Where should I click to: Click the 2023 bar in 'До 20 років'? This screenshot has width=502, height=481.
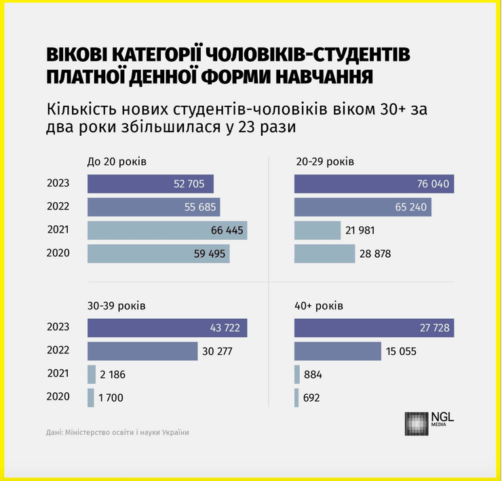[150, 184]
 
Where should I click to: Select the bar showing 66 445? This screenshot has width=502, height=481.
[167, 231]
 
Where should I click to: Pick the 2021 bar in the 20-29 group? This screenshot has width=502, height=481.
[317, 231]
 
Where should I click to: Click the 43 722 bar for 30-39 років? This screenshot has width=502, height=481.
[167, 328]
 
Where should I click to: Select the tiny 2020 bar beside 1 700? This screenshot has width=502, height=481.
[91, 398]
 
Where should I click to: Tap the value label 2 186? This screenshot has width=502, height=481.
[113, 374]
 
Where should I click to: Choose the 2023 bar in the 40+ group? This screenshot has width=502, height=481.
[374, 328]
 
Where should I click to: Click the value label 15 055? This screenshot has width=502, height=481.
[402, 351]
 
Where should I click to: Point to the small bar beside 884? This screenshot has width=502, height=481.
[297, 374]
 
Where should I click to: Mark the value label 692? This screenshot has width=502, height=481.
[311, 398]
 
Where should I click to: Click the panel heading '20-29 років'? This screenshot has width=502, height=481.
[324, 161]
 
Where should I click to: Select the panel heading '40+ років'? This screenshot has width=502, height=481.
[319, 306]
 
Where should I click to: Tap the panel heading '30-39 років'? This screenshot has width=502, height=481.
[116, 306]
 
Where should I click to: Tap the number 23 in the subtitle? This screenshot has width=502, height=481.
[238, 126]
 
